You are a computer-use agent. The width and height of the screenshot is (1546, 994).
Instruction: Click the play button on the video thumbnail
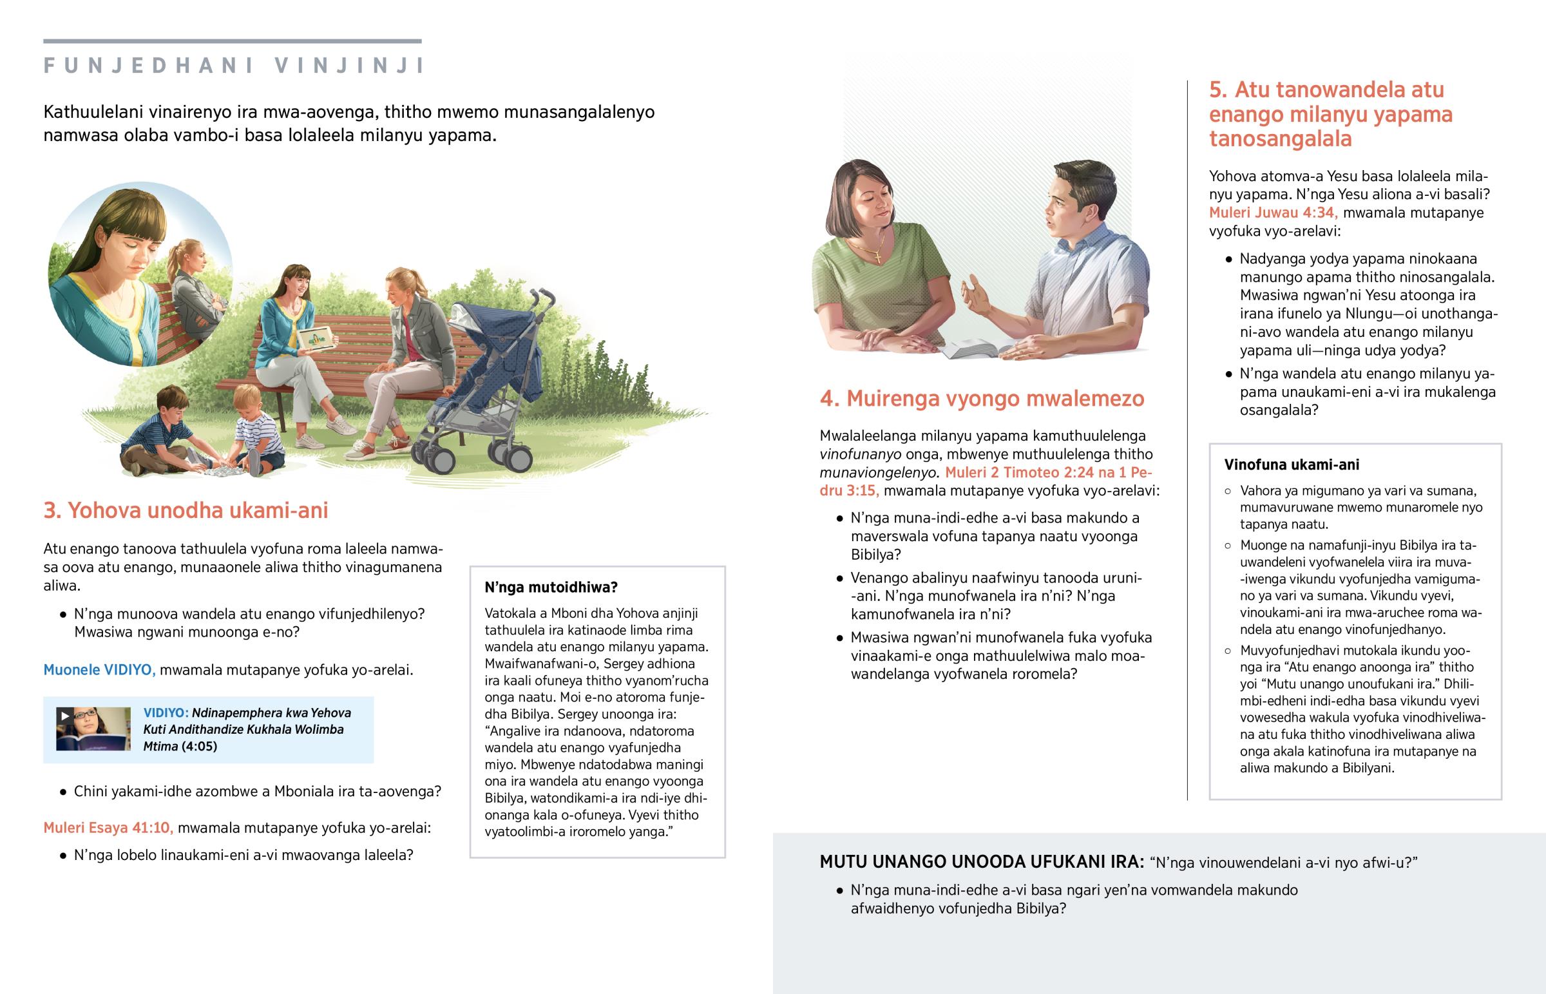[64, 715]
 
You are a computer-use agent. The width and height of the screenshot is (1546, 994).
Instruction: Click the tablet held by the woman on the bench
[316, 337]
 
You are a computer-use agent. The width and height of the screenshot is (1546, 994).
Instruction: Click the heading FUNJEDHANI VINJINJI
[234, 66]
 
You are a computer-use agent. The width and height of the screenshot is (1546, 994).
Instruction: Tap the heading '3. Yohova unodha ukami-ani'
[186, 511]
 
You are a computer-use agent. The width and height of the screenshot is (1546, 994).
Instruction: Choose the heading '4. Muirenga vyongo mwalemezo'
[982, 399]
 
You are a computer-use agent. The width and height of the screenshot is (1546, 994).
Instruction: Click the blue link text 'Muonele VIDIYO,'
[99, 670]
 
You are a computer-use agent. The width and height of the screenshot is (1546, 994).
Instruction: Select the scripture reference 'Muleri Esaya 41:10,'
[108, 828]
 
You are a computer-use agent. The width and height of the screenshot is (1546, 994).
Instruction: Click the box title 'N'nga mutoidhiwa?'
[551, 588]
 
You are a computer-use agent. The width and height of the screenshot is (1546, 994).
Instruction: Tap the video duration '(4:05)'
[199, 747]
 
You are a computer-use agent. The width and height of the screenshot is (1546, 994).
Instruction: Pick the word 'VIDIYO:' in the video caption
[166, 713]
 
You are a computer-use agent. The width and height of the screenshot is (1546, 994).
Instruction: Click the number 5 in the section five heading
[1216, 90]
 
